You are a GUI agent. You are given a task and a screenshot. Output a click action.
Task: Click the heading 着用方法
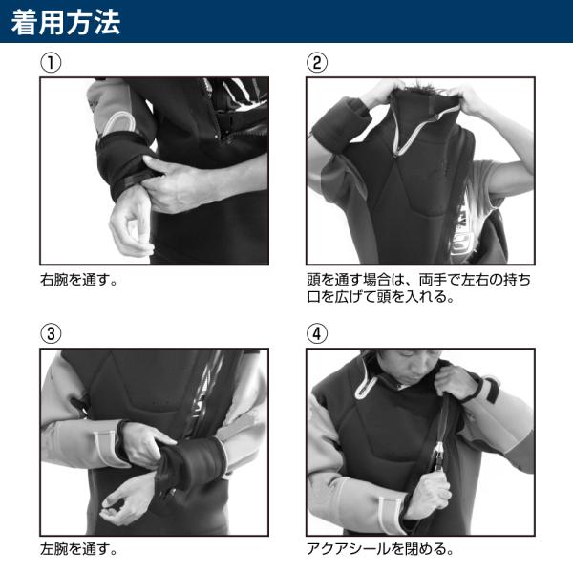(x=66, y=22)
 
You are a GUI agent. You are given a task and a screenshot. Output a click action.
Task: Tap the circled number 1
(x=51, y=63)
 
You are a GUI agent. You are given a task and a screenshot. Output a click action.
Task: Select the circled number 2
(x=317, y=63)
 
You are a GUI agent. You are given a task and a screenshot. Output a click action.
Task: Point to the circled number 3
(x=51, y=333)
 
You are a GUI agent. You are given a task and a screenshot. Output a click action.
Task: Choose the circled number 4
(x=317, y=333)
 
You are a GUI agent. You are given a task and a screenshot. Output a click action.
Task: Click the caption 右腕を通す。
(x=79, y=280)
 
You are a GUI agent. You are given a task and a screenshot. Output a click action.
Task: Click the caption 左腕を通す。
(x=79, y=549)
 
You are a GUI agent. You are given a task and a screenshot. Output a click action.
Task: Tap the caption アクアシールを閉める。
(x=380, y=549)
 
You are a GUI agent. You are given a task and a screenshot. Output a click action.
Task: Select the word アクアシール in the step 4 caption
(x=349, y=549)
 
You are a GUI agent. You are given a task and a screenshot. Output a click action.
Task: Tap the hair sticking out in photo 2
(x=424, y=92)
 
